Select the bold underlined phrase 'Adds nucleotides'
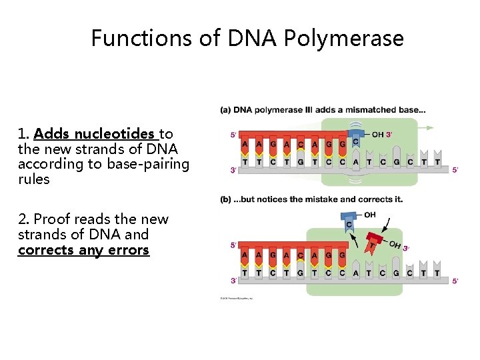click(95, 134)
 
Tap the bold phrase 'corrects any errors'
click(84, 251)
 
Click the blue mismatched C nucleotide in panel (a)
click(356, 141)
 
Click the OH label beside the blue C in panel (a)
click(378, 135)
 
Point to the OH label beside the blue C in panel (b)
click(370, 215)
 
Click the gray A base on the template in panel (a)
click(356, 161)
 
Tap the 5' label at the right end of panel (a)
click(455, 170)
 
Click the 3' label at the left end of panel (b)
click(233, 281)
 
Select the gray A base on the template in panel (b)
click(356, 272)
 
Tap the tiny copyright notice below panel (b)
click(237, 298)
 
